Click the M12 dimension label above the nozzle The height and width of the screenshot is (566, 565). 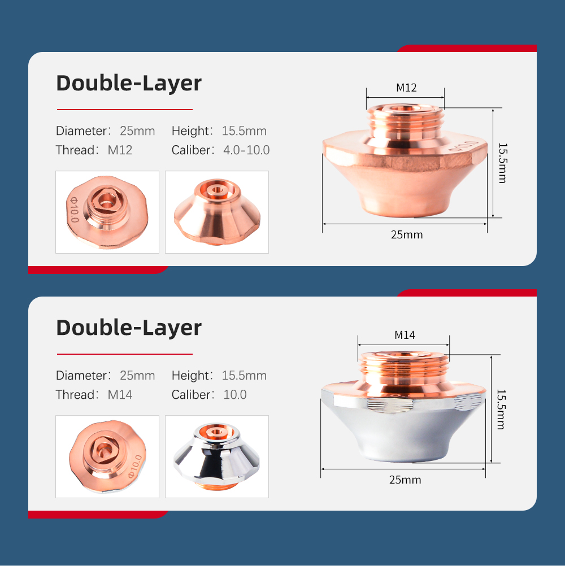[406, 88]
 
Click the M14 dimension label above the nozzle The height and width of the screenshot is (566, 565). [405, 335]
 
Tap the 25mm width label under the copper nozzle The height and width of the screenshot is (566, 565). [406, 234]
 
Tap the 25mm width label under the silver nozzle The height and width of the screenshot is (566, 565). [405, 480]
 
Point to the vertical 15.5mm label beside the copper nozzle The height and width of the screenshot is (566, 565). [502, 163]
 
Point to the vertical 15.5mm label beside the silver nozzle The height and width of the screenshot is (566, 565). [501, 410]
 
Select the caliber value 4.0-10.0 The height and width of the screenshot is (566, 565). [246, 150]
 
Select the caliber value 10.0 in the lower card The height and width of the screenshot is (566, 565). [235, 394]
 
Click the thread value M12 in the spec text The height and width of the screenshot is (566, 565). [120, 150]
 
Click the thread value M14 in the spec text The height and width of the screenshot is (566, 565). [120, 394]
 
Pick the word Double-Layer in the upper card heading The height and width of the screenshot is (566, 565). [129, 84]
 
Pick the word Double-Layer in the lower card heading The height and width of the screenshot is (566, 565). [129, 328]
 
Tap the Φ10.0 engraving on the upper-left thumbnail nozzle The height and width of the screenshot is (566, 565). [73, 210]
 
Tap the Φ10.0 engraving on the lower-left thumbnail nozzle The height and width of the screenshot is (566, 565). [136, 466]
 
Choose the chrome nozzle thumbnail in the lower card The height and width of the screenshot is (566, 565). [217, 456]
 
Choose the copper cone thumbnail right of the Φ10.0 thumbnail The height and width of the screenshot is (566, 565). [217, 212]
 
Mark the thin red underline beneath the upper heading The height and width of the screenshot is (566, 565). [124, 109]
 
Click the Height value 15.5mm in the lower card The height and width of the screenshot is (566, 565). [244, 376]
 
